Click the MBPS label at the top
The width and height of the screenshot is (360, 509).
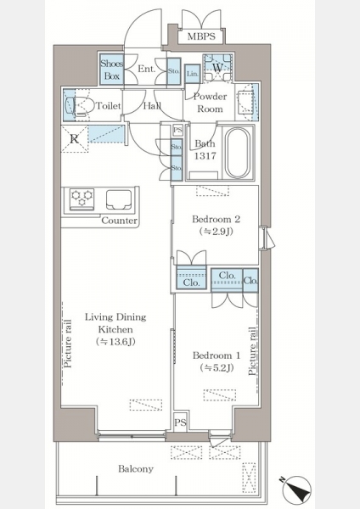[x=201, y=36]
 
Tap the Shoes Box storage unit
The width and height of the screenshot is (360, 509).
[x=111, y=70]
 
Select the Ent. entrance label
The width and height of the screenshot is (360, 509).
[x=147, y=69]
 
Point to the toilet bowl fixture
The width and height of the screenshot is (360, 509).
[x=77, y=105]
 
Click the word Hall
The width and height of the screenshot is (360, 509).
[x=152, y=105]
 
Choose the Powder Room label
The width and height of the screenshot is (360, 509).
[x=210, y=103]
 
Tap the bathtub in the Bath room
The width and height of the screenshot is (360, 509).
[x=238, y=153]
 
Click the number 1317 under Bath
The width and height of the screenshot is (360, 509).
[x=205, y=156]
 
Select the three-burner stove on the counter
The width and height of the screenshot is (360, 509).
[x=82, y=199]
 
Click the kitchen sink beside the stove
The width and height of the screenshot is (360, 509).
[x=119, y=199]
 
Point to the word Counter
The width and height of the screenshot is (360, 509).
[x=119, y=221]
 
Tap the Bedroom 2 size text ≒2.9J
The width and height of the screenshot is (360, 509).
[x=216, y=232]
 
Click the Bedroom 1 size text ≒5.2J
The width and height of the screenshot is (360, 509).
[x=217, y=368]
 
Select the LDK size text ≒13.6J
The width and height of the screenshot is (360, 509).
[x=115, y=342]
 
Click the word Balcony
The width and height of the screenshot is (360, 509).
[x=136, y=469]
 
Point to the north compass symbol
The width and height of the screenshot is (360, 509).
[x=296, y=489]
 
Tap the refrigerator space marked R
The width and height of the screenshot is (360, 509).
[x=75, y=139]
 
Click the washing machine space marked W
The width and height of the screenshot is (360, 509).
[x=217, y=68]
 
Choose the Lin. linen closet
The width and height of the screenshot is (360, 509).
[x=193, y=74]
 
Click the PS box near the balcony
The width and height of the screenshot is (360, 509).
[x=180, y=422]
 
